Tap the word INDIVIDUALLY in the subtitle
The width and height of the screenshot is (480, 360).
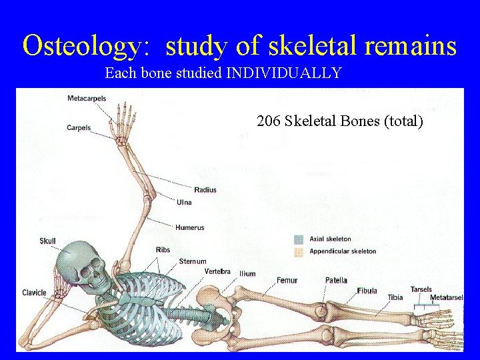click(285, 73)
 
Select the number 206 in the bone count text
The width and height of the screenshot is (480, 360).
click(268, 121)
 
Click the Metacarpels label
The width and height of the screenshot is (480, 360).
click(87, 99)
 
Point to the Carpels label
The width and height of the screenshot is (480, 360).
click(79, 128)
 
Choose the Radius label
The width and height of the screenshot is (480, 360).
click(205, 190)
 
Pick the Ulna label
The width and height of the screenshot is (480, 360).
click(185, 202)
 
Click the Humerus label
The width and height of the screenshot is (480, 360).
click(189, 228)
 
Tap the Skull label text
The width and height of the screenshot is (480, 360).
click(48, 241)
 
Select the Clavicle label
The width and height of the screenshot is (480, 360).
click(34, 293)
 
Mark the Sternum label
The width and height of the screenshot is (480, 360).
click(193, 261)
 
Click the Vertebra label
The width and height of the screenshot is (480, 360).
click(217, 271)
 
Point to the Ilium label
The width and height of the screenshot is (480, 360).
click(247, 274)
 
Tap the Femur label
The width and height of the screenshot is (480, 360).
click(287, 281)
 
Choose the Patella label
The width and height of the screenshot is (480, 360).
click(336, 281)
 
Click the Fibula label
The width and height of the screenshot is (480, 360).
click(367, 291)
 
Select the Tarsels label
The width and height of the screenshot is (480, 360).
click(421, 289)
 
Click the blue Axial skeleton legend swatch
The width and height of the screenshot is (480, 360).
click(299, 239)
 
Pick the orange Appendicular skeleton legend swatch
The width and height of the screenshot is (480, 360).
click(299, 251)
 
